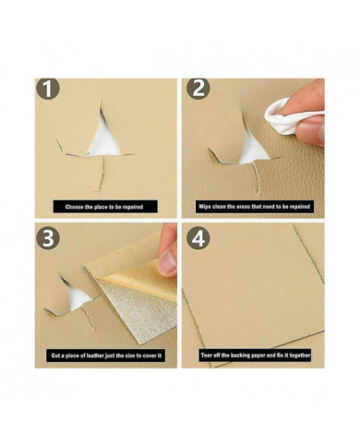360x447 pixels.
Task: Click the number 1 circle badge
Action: point(47,89)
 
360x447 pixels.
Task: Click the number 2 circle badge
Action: point(198,89)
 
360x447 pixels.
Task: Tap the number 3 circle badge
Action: point(47,237)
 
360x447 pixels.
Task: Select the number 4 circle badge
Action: point(198,237)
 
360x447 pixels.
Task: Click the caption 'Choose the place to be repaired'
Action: point(104,207)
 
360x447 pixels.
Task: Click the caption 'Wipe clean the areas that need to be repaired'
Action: point(254,207)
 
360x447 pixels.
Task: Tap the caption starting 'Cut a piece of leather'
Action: point(106,356)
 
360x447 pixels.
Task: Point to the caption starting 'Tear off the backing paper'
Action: point(256,356)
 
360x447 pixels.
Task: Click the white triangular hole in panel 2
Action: point(252,151)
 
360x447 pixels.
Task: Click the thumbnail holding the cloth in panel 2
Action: point(311,132)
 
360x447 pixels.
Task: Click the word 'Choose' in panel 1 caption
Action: point(74,207)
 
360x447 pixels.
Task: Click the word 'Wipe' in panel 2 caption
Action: point(205,207)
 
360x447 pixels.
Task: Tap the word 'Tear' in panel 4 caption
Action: point(207,356)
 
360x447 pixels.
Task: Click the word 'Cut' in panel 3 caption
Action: point(55,356)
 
